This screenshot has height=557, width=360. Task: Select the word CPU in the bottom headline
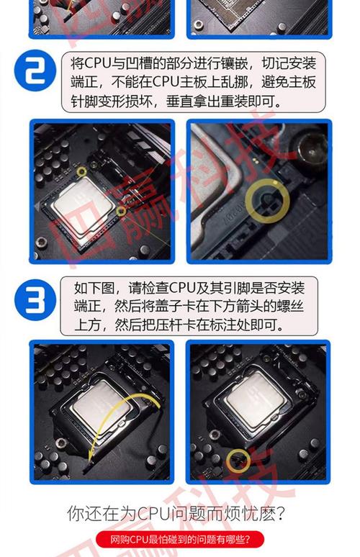point(147,514)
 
